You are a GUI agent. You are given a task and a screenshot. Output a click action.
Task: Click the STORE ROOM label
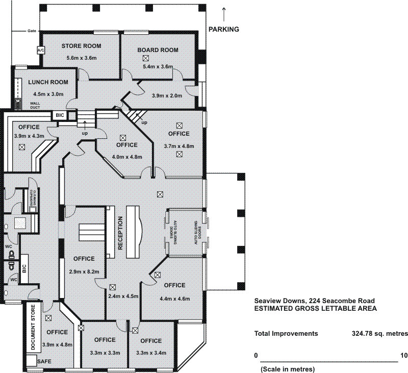click(81, 46)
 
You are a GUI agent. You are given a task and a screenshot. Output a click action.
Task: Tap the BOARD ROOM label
click(158, 50)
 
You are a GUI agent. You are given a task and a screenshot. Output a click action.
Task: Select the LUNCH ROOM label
click(48, 82)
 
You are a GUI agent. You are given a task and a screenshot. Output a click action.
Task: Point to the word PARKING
click(224, 29)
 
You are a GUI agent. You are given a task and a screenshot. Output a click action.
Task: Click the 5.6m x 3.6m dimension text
click(81, 58)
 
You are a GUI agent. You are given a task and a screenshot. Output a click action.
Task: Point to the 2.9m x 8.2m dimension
click(84, 271)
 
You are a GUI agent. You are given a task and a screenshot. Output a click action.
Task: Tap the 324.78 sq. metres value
click(379, 334)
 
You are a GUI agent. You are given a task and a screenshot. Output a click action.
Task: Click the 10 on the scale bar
click(404, 355)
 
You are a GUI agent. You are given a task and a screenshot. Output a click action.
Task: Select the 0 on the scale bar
click(257, 355)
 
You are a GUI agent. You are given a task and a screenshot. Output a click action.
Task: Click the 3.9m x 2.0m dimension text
click(167, 95)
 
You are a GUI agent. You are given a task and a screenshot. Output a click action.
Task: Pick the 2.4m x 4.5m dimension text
click(123, 296)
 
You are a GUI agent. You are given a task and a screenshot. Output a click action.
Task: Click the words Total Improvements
click(286, 334)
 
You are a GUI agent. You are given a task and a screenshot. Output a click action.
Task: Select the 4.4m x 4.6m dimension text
click(175, 299)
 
